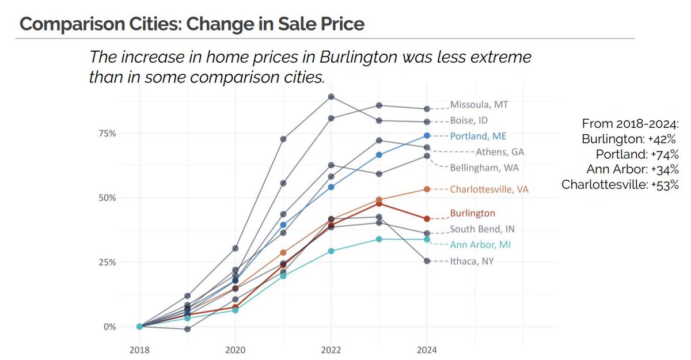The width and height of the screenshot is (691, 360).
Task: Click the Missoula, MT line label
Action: click(480, 105)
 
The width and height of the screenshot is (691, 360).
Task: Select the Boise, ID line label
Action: click(469, 120)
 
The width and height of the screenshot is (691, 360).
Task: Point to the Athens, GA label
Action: click(500, 152)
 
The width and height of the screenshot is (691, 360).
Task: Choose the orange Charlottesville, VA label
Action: click(489, 189)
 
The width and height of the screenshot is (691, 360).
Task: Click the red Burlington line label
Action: click(472, 213)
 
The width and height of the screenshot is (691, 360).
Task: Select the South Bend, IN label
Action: click(479, 229)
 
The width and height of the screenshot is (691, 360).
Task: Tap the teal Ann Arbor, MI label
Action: click(480, 245)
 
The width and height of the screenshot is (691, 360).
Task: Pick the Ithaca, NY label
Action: click(472, 261)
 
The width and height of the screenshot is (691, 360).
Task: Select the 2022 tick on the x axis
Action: click(331, 350)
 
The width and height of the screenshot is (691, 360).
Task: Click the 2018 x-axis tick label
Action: click(139, 350)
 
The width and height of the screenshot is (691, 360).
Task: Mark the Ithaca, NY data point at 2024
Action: click(426, 261)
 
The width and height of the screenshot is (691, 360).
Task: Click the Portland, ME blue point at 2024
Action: click(426, 135)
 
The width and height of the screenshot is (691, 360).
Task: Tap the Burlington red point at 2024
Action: click(426, 219)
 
